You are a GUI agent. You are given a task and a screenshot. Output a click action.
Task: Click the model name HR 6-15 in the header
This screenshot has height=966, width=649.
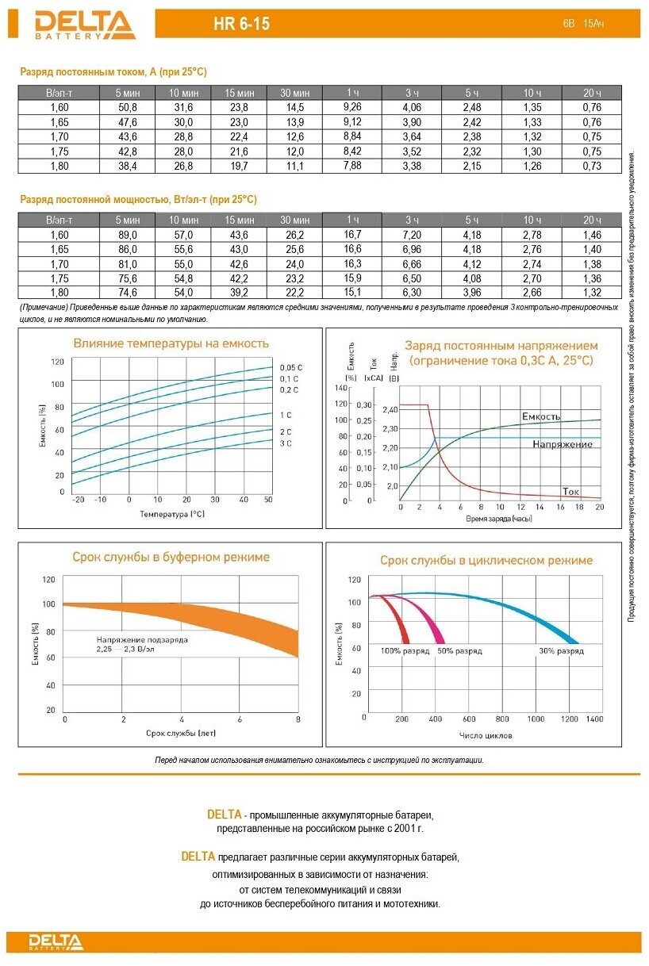click(x=241, y=25)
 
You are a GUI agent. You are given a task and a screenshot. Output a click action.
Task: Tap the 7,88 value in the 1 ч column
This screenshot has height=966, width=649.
click(x=352, y=165)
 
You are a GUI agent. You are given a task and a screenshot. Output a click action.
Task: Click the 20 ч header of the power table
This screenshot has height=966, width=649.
click(x=592, y=220)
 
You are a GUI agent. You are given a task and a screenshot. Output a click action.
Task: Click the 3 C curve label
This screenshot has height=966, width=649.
click(x=286, y=443)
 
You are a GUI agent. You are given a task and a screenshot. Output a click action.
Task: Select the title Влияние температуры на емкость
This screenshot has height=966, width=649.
click(x=171, y=343)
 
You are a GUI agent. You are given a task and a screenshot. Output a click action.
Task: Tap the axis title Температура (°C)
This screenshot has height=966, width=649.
click(x=172, y=514)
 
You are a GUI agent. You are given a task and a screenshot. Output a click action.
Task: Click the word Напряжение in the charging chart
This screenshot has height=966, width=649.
click(x=563, y=444)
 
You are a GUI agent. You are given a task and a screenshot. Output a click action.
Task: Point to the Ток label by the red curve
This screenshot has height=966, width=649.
click(x=570, y=492)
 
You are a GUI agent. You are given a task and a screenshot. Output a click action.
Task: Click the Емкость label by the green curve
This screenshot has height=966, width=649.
click(x=541, y=416)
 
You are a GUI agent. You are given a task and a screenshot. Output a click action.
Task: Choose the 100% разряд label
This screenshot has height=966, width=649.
click(x=405, y=651)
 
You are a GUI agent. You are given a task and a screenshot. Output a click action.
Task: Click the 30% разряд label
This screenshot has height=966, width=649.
click(x=561, y=651)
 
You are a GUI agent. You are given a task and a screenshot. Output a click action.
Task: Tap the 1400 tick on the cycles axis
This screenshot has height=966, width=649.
click(x=594, y=719)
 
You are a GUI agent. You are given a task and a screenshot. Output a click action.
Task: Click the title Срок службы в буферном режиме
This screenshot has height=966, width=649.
click(x=171, y=558)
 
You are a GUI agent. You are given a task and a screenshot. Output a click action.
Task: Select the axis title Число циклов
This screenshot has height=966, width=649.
click(x=486, y=735)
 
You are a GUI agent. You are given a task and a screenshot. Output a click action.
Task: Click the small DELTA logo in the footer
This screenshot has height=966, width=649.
click(x=56, y=942)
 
